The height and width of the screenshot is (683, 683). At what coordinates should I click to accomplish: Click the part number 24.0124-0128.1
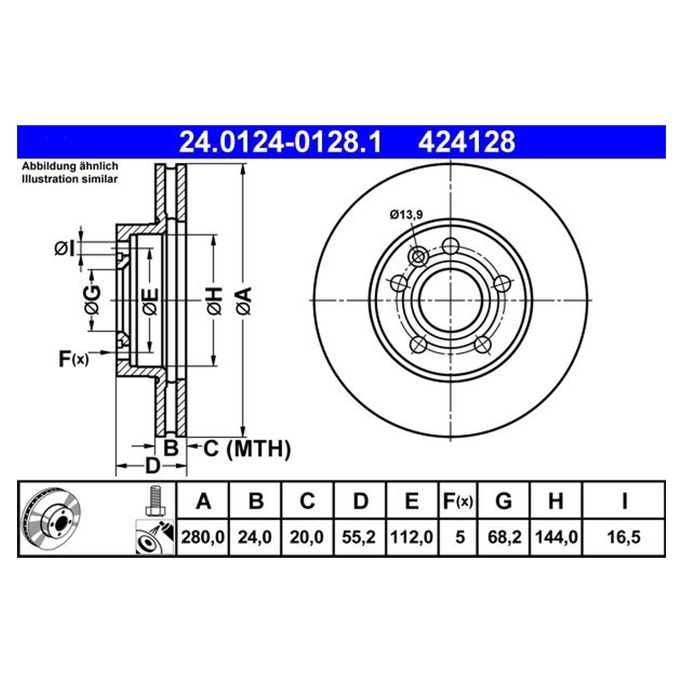(280, 142)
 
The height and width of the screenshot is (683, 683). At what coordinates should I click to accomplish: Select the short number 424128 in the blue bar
(467, 142)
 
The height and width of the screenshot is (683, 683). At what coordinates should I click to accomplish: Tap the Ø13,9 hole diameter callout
(406, 215)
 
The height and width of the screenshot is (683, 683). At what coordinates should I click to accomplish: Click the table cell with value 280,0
(203, 537)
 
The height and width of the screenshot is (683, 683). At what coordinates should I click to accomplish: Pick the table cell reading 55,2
(359, 537)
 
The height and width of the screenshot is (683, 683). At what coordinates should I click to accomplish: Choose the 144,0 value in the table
(556, 537)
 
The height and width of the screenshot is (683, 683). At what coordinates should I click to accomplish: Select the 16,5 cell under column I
(624, 537)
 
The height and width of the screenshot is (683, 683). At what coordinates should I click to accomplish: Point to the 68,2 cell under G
(504, 537)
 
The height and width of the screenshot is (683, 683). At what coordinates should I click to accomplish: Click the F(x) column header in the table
(458, 501)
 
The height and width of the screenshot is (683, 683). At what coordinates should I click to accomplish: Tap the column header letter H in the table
(556, 501)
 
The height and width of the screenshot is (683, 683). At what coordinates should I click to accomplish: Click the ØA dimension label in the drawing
(244, 301)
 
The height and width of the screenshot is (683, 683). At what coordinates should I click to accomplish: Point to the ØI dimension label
(65, 249)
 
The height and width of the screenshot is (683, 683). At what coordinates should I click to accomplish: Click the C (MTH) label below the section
(246, 449)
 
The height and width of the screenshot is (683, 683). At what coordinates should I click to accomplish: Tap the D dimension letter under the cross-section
(153, 466)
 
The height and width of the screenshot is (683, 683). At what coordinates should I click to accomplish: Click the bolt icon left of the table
(155, 500)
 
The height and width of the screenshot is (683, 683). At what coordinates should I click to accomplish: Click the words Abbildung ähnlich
(70, 166)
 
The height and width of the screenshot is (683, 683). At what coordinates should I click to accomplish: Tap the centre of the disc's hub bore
(450, 300)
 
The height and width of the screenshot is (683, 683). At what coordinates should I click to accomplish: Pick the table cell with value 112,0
(412, 537)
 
